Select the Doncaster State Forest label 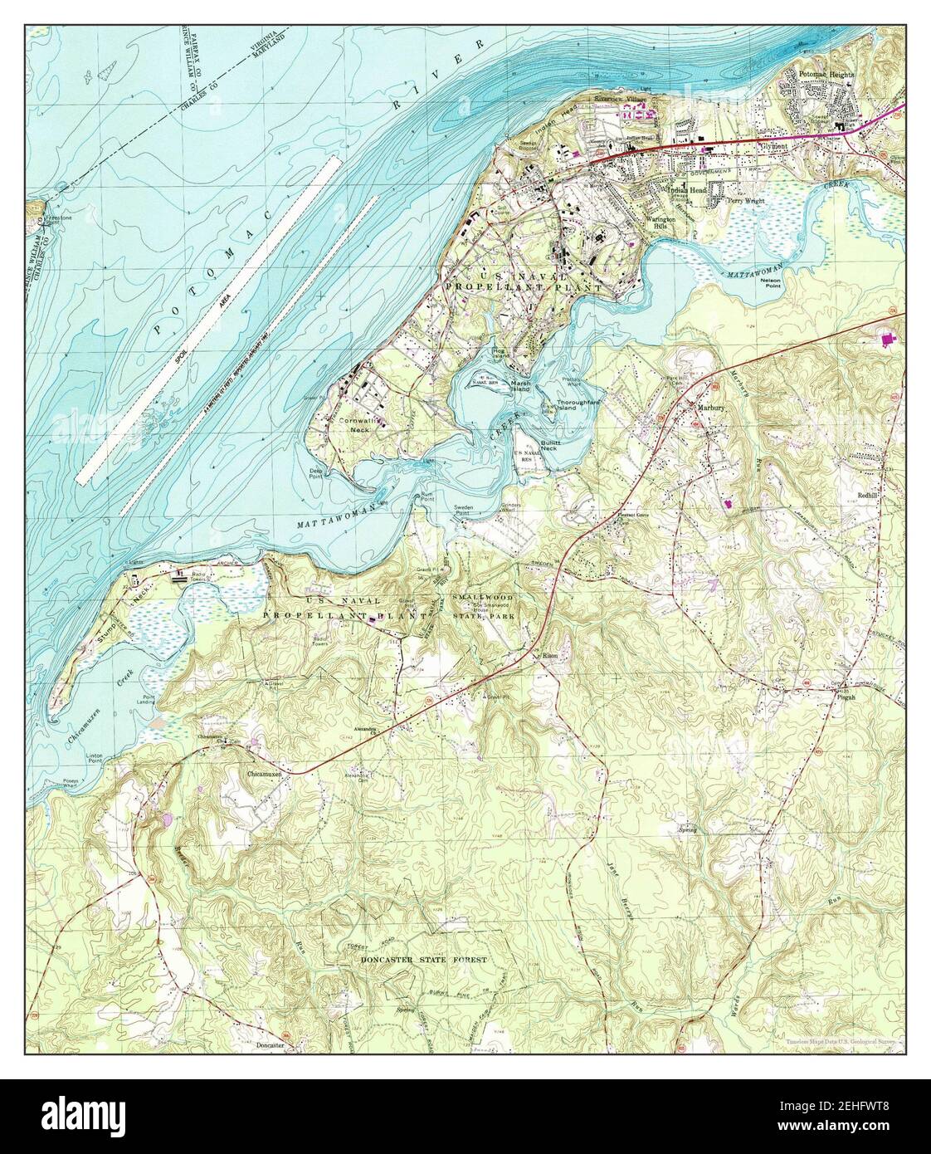tap(423, 959)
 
